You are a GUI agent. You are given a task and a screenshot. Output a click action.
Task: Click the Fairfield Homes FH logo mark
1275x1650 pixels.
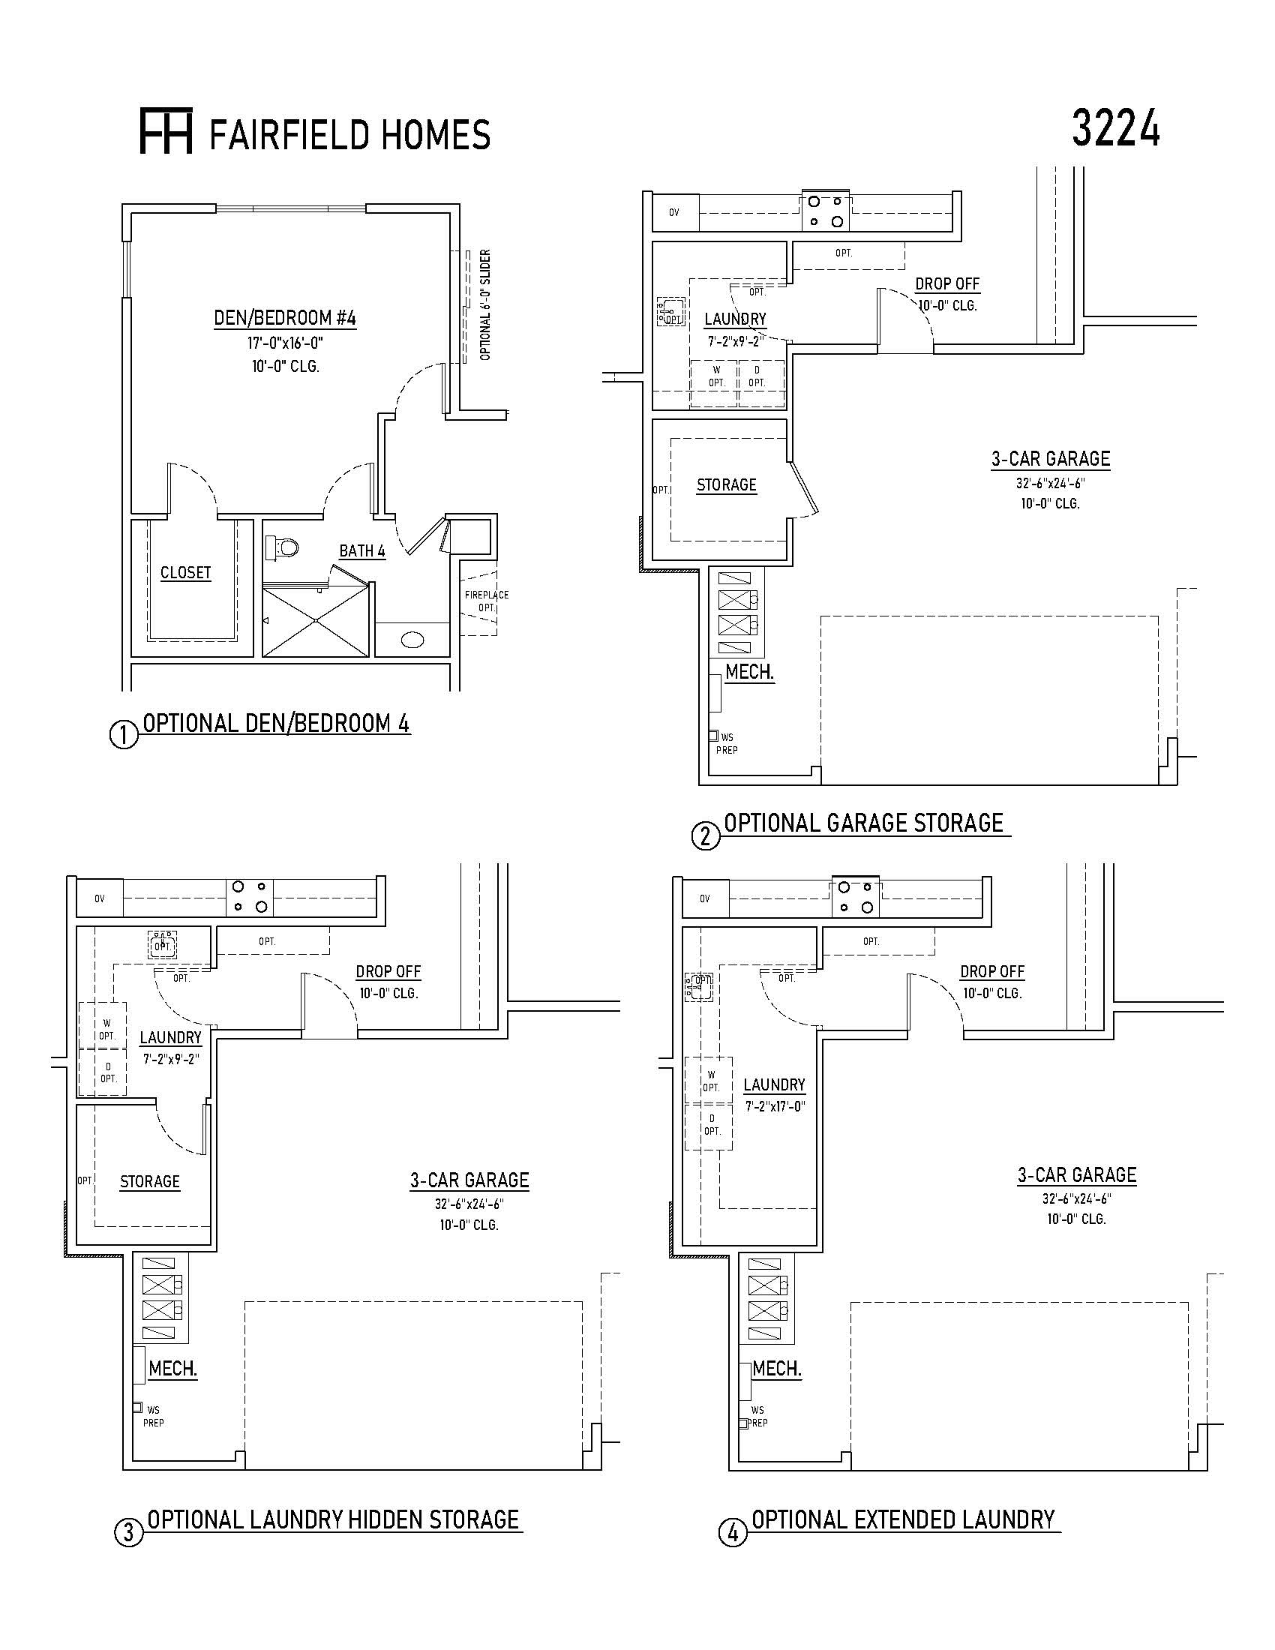(x=166, y=131)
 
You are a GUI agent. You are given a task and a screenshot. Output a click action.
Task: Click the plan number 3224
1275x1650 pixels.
(x=1116, y=129)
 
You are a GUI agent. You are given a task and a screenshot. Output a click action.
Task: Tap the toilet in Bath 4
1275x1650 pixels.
(x=283, y=546)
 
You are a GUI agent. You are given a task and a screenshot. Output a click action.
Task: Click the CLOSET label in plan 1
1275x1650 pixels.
(x=186, y=573)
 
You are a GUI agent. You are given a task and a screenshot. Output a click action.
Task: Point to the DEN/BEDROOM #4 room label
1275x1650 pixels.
(x=285, y=318)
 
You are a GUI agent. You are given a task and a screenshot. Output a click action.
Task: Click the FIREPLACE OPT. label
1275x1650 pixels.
(x=487, y=601)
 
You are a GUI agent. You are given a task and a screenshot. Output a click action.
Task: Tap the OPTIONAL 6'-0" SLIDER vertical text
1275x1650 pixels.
(x=486, y=304)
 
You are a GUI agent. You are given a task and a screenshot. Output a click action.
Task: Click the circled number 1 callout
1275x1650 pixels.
(x=124, y=735)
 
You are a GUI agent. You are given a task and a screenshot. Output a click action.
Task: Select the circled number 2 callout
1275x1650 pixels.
(x=706, y=836)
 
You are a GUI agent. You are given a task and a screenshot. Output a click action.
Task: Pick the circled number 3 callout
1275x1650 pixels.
(x=127, y=1532)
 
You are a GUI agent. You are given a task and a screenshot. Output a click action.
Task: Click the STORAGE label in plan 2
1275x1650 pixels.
(x=727, y=485)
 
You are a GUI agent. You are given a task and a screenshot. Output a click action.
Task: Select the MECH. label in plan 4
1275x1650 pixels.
(x=777, y=1369)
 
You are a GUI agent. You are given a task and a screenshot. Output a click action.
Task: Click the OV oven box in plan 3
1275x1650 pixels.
(x=100, y=898)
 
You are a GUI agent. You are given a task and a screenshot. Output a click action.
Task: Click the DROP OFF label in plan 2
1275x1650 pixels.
(x=947, y=284)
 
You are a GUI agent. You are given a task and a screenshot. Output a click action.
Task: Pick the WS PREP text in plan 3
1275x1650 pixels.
(x=153, y=1417)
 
